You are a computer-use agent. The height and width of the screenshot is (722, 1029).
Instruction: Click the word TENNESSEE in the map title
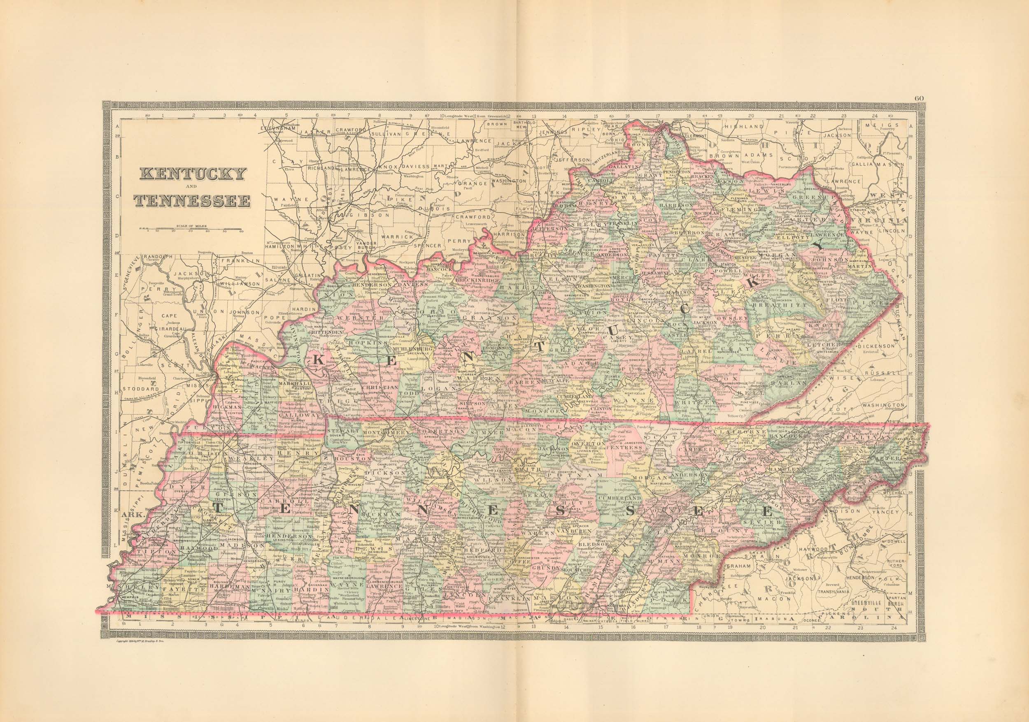click(192, 201)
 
